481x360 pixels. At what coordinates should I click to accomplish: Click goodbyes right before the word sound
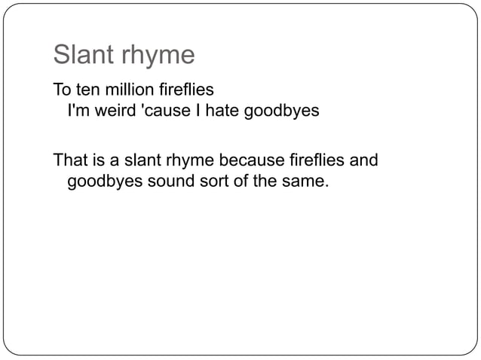point(103,182)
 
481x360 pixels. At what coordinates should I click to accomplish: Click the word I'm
point(79,111)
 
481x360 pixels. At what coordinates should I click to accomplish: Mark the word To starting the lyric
point(61,91)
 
